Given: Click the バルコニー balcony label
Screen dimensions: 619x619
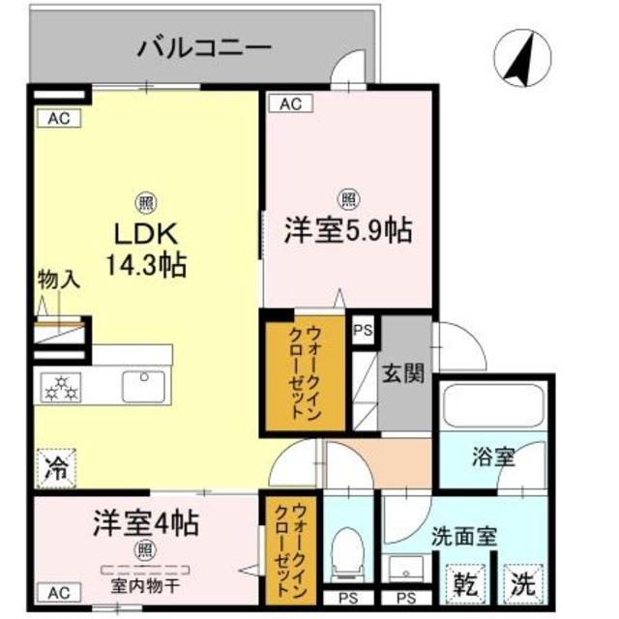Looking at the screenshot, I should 204,45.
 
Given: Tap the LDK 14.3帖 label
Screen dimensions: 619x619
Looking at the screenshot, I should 146,249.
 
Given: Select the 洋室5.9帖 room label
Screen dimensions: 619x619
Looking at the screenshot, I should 348,230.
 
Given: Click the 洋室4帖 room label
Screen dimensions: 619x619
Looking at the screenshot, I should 146,525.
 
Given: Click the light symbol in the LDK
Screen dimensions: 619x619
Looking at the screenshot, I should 146,203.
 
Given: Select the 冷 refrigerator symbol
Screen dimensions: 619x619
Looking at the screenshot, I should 57,470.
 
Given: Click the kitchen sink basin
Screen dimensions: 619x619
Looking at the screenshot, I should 145,386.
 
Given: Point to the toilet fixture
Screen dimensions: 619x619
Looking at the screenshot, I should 345,554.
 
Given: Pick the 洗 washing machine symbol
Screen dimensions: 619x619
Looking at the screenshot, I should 522,585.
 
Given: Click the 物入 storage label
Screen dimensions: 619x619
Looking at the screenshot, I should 58,280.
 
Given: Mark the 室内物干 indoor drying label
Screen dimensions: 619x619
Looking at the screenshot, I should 146,585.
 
